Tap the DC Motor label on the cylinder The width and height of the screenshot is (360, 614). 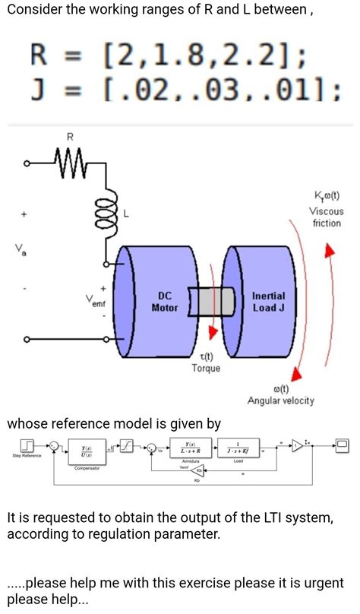[164, 302]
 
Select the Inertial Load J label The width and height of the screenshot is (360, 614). [268, 302]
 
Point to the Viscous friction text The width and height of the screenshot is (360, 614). [327, 217]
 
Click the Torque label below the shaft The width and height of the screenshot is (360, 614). [206, 369]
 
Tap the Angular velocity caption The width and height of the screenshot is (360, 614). [280, 400]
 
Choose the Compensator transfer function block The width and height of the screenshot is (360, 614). [87, 451]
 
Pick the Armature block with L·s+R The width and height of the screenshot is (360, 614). [189, 448]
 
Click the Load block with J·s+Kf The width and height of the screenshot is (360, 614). [238, 448]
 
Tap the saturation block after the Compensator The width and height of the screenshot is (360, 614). [131, 445]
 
